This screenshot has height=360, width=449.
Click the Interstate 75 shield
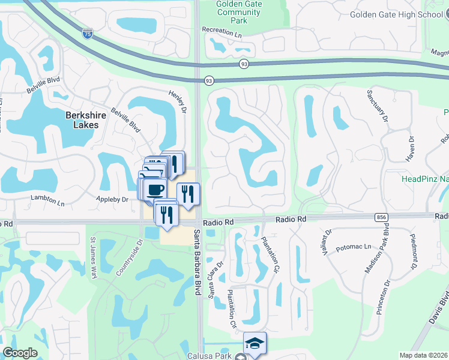[88, 34]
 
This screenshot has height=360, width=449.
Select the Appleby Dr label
[112, 199]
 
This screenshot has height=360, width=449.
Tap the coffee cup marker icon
[155, 189]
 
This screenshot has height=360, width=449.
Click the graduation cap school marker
[255, 343]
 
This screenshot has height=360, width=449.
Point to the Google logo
[20, 353]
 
